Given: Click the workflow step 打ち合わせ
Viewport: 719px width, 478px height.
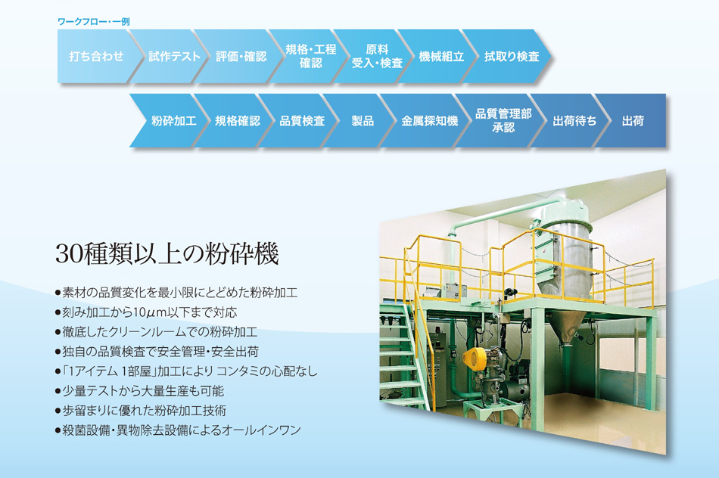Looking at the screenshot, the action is pyautogui.click(x=96, y=57).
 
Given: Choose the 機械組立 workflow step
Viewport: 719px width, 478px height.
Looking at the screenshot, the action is pyautogui.click(x=441, y=57).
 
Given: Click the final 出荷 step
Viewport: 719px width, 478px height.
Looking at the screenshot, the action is pyautogui.click(x=633, y=120).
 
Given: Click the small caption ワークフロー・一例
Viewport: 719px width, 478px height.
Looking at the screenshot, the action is pyautogui.click(x=94, y=21).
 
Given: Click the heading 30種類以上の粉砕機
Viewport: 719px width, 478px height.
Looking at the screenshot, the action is pyautogui.click(x=167, y=253).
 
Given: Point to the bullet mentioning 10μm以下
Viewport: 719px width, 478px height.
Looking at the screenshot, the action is pyautogui.click(x=146, y=312).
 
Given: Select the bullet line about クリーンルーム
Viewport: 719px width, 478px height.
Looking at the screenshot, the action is pyautogui.click(x=156, y=332).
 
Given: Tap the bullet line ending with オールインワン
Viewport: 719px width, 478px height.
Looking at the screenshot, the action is pyautogui.click(x=178, y=430).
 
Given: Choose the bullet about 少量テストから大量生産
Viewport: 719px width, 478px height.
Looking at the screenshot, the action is pyautogui.click(x=139, y=390).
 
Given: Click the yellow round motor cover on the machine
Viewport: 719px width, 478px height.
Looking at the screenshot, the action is pyautogui.click(x=475, y=357).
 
